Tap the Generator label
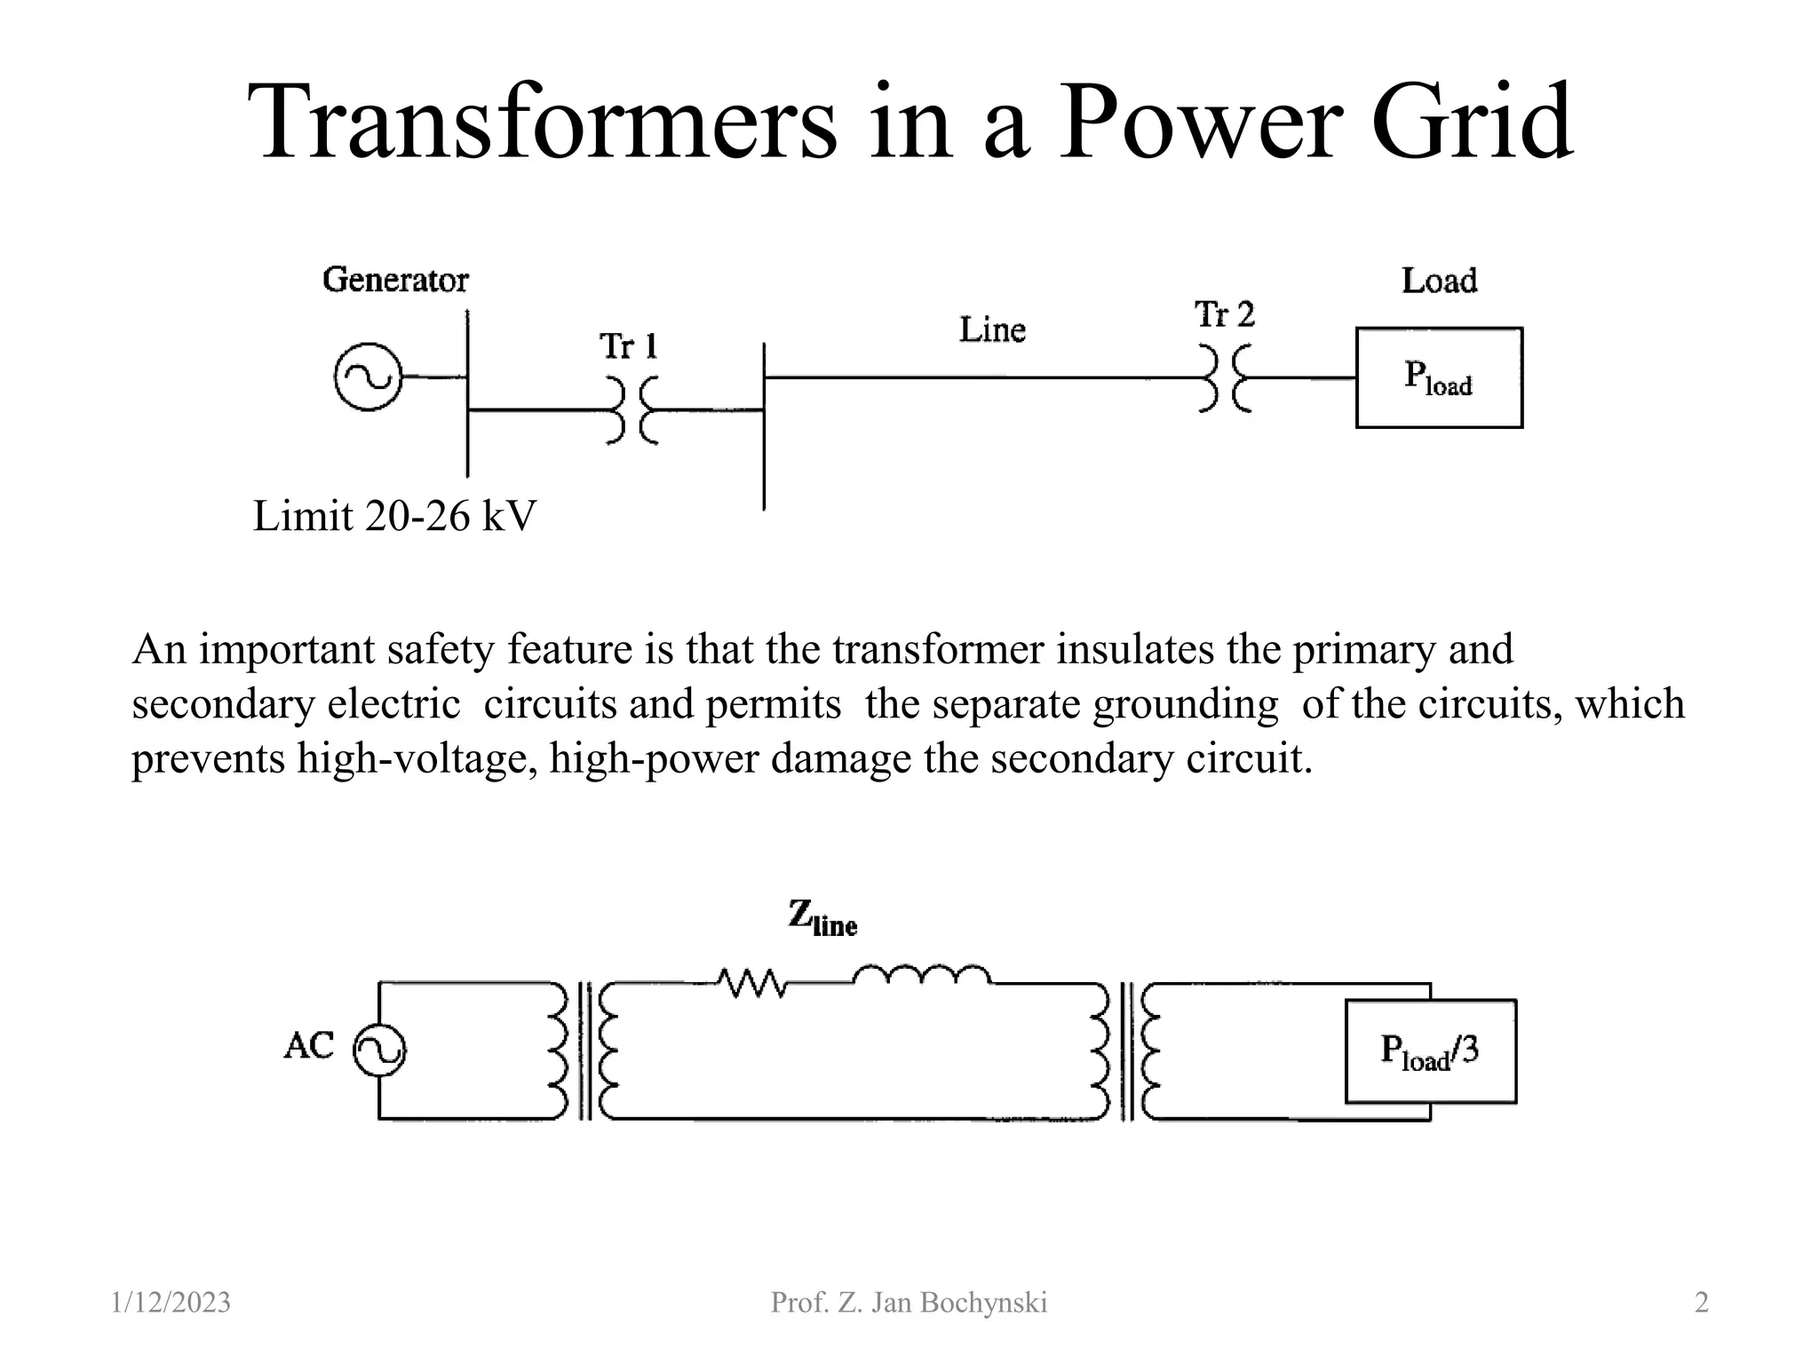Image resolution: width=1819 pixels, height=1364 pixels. click(x=395, y=280)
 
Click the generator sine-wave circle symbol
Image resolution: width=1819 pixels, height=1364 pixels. click(x=368, y=377)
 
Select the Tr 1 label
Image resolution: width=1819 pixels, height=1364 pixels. click(x=628, y=346)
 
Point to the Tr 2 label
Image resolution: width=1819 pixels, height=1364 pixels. click(x=1224, y=314)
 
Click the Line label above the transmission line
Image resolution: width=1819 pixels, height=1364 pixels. click(x=992, y=330)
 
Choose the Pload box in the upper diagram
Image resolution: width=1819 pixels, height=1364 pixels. click(x=1439, y=378)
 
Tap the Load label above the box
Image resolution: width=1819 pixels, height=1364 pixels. click(x=1439, y=281)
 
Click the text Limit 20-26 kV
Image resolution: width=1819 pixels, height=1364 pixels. click(x=394, y=516)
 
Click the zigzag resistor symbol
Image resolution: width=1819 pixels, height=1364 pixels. click(x=751, y=983)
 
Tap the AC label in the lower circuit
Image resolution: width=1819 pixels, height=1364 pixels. click(x=309, y=1046)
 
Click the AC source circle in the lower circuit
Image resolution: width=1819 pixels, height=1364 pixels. click(x=380, y=1051)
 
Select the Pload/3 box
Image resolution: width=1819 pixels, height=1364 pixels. click(x=1430, y=1051)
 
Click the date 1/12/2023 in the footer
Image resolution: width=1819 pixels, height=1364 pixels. click(x=171, y=1303)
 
